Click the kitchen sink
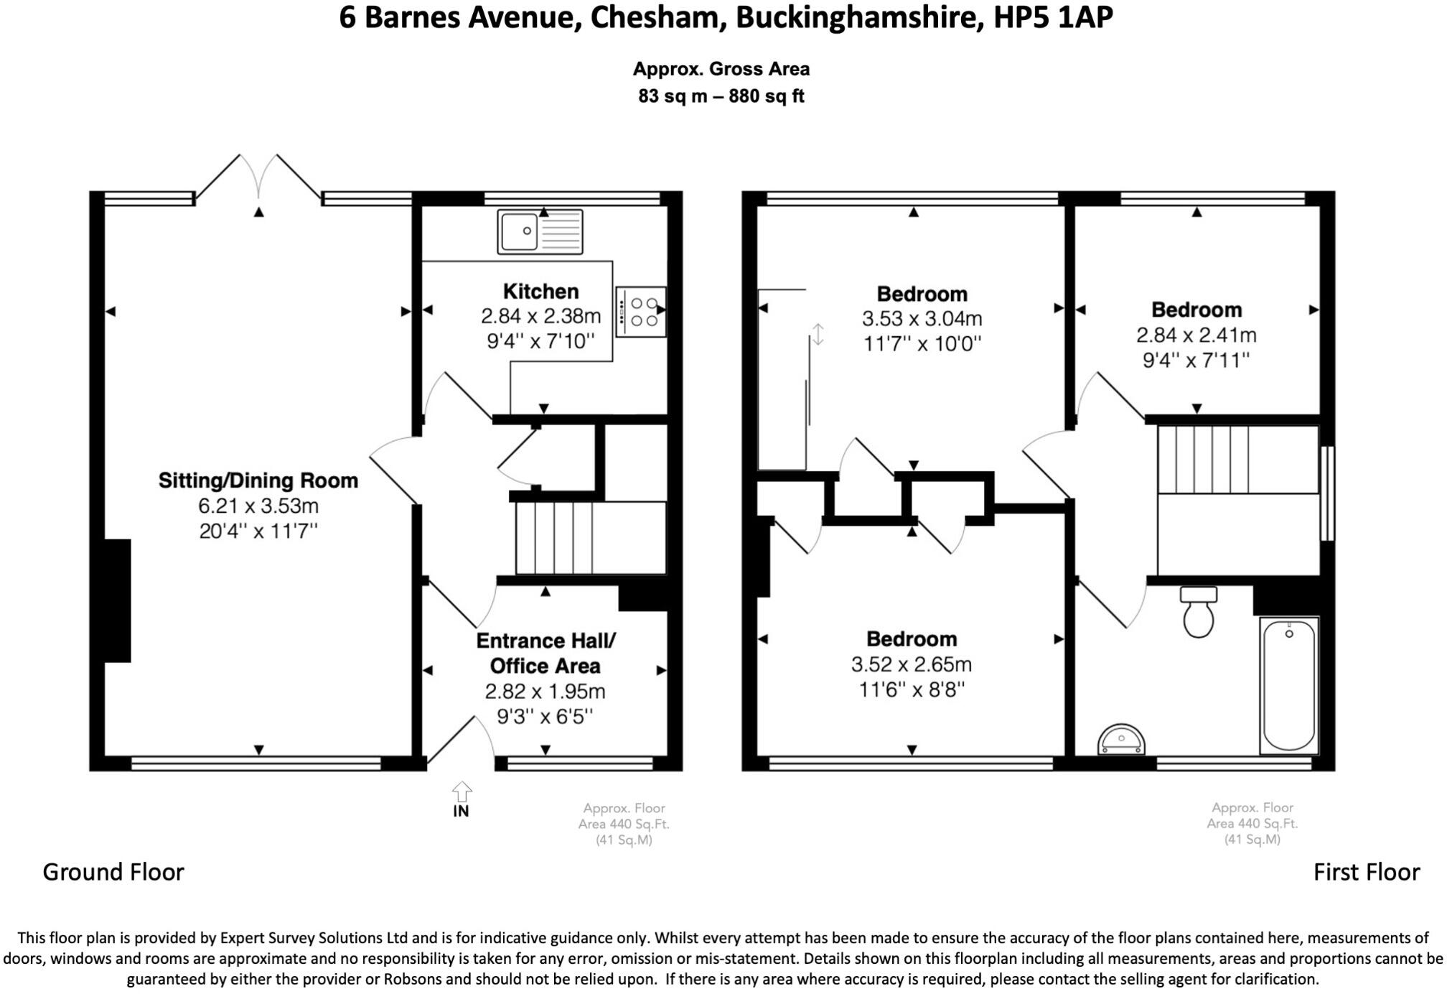(540, 231)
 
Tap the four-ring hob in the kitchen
(640, 312)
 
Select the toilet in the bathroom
(1198, 612)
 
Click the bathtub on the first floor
(1289, 685)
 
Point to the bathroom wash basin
(1121, 740)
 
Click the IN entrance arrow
(462, 792)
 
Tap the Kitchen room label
(540, 291)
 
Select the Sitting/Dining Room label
(258, 480)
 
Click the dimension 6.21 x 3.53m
(258, 506)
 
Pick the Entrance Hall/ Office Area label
(545, 653)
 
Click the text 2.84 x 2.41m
(1197, 335)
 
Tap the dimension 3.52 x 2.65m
(912, 664)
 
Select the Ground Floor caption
(113, 872)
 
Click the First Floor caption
(1367, 872)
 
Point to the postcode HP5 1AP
(1053, 17)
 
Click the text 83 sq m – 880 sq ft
(721, 96)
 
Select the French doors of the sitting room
(258, 177)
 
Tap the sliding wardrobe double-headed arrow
(818, 335)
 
